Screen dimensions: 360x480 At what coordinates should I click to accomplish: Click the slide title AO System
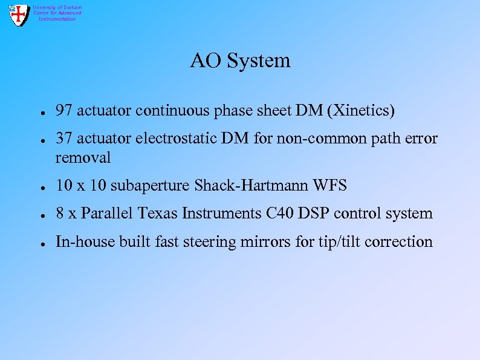(240, 61)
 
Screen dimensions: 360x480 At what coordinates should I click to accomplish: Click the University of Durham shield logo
(19, 14)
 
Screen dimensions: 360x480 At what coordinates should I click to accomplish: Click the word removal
(83, 158)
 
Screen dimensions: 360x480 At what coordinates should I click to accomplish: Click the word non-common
(318, 139)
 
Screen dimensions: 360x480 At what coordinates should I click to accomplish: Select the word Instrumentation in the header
(57, 19)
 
